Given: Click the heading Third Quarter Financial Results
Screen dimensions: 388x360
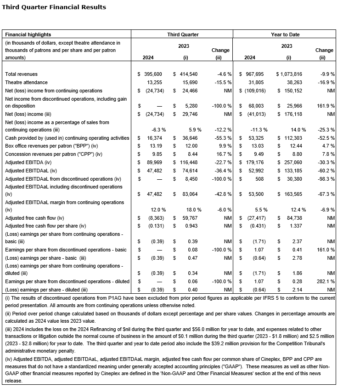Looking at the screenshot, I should [54, 7].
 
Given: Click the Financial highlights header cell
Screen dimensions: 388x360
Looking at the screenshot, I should [28, 34].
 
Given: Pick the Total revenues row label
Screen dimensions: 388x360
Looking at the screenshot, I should [21, 74].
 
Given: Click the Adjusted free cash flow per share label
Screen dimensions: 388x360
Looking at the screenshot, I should [45, 226].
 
